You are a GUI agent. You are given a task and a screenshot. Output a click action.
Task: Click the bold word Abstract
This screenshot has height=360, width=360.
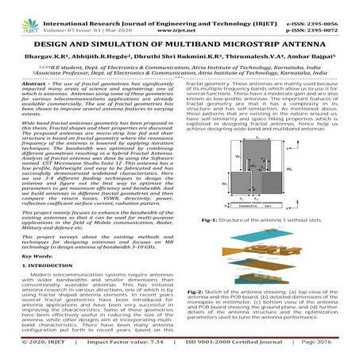click(x=31, y=83)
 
